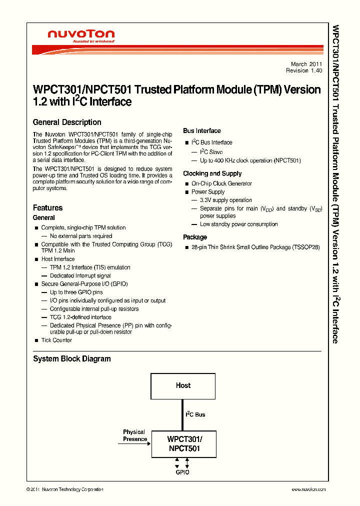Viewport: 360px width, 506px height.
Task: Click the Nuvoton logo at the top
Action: [81, 36]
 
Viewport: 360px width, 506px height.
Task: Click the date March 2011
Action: [306, 64]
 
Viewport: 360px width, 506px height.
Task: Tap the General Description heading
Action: [67, 122]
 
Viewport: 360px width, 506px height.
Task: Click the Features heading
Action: [48, 207]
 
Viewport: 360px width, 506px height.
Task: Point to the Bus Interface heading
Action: [202, 131]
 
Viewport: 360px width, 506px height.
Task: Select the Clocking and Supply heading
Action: [212, 173]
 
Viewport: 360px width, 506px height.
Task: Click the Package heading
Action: [195, 237]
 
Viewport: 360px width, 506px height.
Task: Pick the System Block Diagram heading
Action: [72, 358]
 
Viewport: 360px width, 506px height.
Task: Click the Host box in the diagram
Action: [183, 385]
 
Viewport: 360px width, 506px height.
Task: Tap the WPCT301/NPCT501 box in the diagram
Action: [184, 444]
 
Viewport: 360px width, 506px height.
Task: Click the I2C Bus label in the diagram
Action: [195, 414]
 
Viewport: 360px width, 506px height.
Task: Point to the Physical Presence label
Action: [135, 435]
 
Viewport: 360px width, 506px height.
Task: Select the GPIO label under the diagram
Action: [182, 472]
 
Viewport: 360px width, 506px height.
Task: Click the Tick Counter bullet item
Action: [56, 340]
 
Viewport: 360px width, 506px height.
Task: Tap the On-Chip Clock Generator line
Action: [221, 183]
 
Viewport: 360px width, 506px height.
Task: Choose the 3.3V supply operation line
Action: [225, 200]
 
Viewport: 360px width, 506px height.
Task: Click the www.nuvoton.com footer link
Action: [308, 489]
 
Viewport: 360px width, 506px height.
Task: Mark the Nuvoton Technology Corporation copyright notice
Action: [65, 489]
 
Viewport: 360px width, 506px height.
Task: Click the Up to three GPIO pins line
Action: [76, 292]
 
